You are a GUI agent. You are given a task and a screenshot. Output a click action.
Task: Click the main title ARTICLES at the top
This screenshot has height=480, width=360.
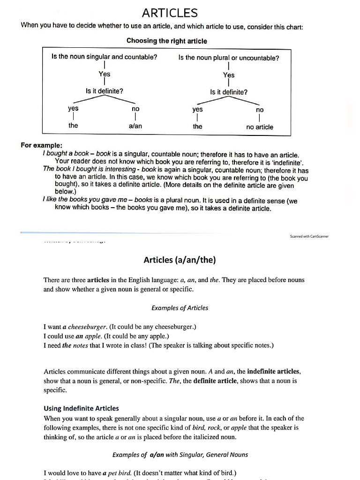(x=170, y=13)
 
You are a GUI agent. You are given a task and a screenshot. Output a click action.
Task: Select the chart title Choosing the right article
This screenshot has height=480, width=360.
(x=166, y=41)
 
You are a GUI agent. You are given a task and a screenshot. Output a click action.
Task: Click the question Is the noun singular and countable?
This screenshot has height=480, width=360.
(x=104, y=57)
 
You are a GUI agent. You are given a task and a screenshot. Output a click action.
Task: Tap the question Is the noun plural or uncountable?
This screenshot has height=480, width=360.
(x=229, y=58)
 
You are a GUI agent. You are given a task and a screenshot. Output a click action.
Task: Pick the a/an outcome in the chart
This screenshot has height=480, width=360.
(x=135, y=126)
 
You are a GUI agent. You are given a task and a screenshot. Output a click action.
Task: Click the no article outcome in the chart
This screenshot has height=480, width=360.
(x=259, y=127)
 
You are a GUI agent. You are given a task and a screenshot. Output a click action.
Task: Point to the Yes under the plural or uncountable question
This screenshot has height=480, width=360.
(x=229, y=75)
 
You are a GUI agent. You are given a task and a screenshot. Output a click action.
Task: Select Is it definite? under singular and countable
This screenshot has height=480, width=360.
(x=104, y=91)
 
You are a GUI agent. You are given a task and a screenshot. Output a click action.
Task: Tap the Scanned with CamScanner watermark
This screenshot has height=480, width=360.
(x=309, y=236)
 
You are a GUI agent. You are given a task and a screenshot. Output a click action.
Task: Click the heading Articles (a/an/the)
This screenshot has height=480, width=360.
(x=180, y=260)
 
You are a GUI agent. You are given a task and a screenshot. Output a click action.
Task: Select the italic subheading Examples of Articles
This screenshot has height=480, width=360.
(x=180, y=308)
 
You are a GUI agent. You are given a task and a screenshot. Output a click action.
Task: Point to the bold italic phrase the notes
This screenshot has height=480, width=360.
(x=73, y=345)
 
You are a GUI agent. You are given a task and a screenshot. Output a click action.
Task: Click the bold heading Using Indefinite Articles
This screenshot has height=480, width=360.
(x=81, y=408)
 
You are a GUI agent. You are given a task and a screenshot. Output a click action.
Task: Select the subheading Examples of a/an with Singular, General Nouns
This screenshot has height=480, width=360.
(x=180, y=454)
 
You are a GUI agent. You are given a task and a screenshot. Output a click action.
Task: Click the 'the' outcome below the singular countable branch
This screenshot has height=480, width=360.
(x=73, y=126)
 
